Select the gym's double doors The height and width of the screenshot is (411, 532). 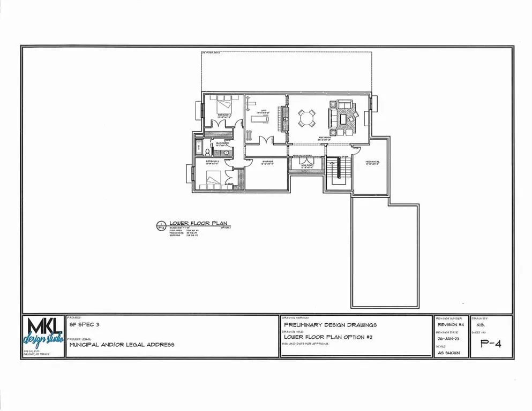pos(264,140)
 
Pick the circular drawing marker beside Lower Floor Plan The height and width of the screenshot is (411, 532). pos(160,225)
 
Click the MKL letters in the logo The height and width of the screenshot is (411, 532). pos(44,328)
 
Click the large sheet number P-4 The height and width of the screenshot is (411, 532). pos(490,344)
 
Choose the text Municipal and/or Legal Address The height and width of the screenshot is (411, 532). pos(122,345)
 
